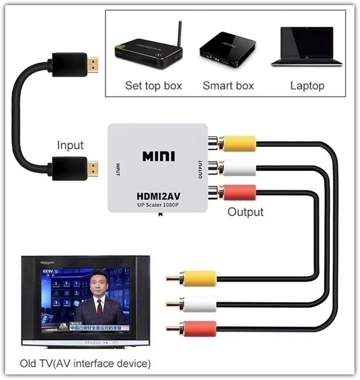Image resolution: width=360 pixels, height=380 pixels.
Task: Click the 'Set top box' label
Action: coord(153,85)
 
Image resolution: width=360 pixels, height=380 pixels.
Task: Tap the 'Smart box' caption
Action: coord(228,85)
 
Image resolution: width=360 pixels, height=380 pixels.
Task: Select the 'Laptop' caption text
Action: coord(307,85)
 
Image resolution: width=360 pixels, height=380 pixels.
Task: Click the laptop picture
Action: coord(307,47)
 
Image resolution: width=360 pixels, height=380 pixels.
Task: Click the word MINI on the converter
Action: coord(158,156)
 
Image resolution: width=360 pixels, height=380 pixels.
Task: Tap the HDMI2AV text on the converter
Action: coord(158,196)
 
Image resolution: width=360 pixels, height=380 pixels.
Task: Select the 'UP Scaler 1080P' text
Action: coord(158,205)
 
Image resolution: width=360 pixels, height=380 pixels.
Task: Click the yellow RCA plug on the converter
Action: coord(239,143)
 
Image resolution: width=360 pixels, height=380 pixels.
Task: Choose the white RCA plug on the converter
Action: coord(239,168)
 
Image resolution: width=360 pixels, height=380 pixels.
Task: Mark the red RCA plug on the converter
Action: coord(239,192)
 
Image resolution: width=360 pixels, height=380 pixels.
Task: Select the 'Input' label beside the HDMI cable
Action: coord(70,145)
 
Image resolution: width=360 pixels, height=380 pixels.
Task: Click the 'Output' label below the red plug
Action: coord(245,211)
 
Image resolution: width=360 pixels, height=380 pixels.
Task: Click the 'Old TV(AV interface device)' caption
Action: coord(85,364)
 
